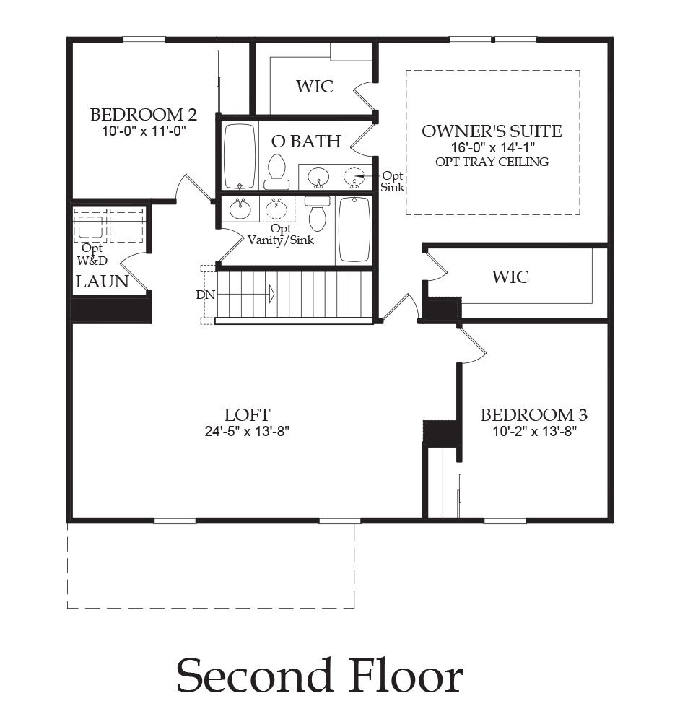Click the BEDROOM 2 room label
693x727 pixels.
[144, 115]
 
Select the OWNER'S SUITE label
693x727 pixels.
[492, 131]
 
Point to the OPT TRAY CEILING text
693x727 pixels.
[492, 162]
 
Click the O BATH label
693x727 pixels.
[306, 142]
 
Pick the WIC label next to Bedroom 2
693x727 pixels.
[315, 87]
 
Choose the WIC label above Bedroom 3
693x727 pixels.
[510, 277]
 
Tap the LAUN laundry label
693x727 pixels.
[103, 282]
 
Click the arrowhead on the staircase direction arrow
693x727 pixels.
[271, 294]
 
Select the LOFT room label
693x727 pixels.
[248, 415]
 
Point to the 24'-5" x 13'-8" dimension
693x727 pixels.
[248, 432]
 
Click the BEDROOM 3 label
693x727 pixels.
[533, 415]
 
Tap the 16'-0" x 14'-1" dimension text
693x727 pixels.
[492, 147]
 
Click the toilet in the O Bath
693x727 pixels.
[276, 167]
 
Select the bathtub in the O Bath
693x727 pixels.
[239, 156]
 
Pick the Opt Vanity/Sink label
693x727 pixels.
[280, 235]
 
